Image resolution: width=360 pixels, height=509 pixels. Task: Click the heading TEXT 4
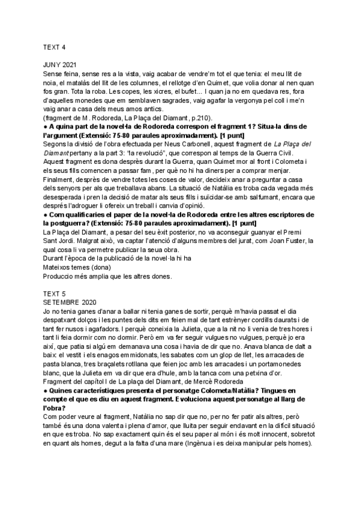(x=55, y=47)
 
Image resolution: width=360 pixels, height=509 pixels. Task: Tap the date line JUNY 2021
(x=60, y=64)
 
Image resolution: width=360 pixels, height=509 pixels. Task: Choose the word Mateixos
(x=59, y=267)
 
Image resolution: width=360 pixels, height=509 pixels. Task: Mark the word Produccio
(x=60, y=276)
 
